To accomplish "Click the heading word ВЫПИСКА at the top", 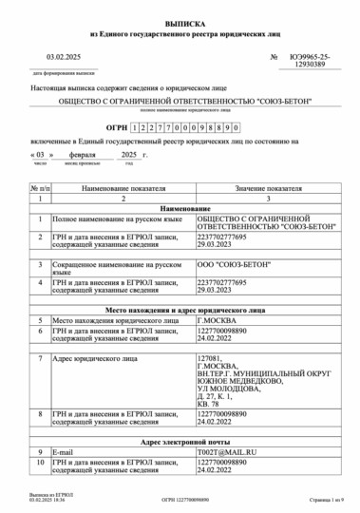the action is pos(179,19).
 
